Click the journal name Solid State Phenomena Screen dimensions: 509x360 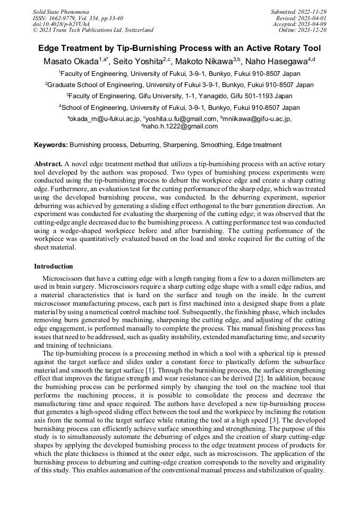pos(61,11)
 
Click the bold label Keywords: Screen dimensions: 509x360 pos(51,144)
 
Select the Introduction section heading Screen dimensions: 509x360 pos(53,266)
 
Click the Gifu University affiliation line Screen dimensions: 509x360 pos(180,96)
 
